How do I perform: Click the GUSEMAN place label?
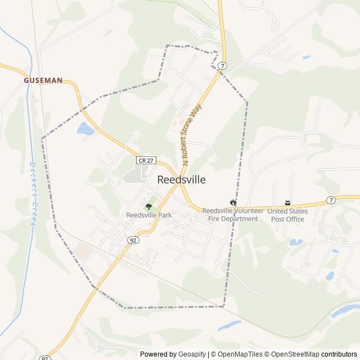(x=43, y=81)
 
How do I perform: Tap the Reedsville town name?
(x=181, y=180)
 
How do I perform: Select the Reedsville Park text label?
(x=148, y=215)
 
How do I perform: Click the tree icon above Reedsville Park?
(x=148, y=207)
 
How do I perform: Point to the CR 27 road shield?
(x=145, y=160)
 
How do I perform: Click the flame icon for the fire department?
(x=233, y=202)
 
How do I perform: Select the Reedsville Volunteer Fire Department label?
(x=232, y=214)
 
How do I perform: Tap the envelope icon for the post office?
(x=288, y=202)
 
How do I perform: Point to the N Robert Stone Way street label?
(x=191, y=135)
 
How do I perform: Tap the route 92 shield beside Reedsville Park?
(x=133, y=240)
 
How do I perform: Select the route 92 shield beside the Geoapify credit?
(x=45, y=358)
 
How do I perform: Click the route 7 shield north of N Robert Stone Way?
(x=223, y=66)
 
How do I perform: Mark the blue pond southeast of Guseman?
(x=85, y=129)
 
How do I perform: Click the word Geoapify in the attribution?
(x=192, y=354)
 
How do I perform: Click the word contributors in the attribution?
(x=339, y=354)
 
